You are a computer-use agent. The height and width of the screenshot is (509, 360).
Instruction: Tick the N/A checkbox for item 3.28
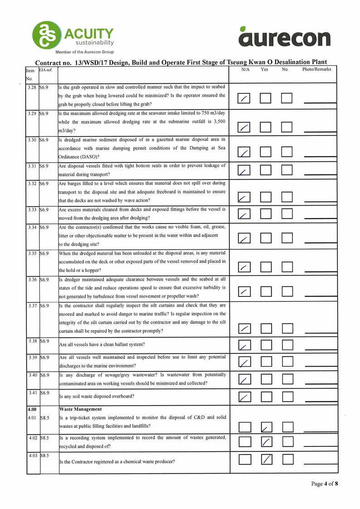[x=244, y=99]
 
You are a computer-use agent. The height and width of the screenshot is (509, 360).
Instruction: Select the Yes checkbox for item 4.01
[x=267, y=427]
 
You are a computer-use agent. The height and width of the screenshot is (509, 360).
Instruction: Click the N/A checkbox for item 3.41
[x=244, y=397]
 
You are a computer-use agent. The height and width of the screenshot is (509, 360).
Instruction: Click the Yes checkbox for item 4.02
[x=267, y=441]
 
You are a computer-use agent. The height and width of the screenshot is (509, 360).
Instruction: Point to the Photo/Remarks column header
[x=316, y=69]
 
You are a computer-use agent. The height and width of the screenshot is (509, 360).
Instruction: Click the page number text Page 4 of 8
[x=324, y=484]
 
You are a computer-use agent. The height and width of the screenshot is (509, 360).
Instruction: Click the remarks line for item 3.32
[x=320, y=200]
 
